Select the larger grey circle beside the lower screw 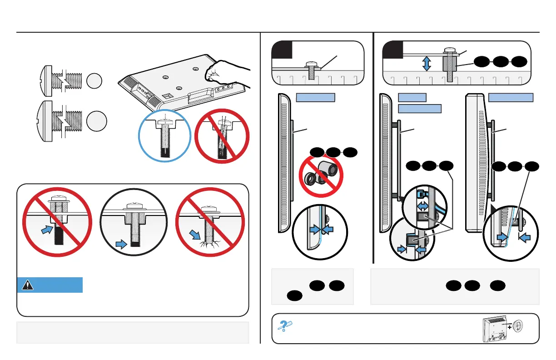tap(97, 122)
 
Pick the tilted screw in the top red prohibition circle tap(222, 138)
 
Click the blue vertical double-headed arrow tap(427, 64)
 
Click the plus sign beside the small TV tap(510, 326)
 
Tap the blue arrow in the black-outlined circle tap(120, 245)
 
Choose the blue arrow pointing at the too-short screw tap(46, 230)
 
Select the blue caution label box tap(50, 285)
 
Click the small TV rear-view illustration tap(495, 328)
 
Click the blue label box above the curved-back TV tap(511, 97)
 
